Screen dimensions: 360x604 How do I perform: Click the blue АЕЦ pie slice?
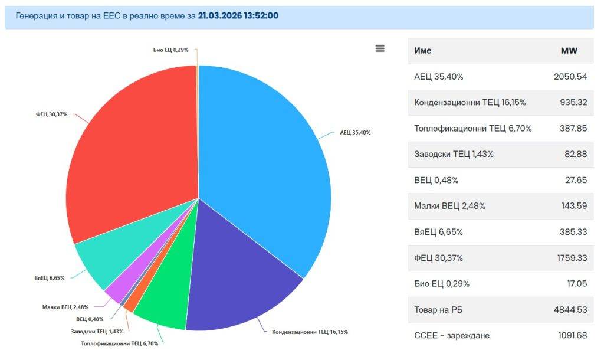(265, 165)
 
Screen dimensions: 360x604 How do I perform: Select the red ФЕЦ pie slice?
(130, 153)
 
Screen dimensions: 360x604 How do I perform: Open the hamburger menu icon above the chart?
(380, 48)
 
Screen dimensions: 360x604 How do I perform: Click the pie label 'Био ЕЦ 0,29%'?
(170, 50)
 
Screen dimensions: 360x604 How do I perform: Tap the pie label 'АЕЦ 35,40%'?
(355, 133)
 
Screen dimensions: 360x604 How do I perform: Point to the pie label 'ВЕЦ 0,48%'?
(90, 319)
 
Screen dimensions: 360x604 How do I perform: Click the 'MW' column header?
(569, 51)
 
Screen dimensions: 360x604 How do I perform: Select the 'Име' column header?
(423, 51)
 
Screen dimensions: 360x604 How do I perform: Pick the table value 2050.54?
(570, 77)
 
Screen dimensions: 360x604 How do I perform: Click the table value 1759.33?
(570, 258)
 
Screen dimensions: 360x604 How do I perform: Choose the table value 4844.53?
(570, 310)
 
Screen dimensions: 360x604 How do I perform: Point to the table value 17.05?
(576, 284)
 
